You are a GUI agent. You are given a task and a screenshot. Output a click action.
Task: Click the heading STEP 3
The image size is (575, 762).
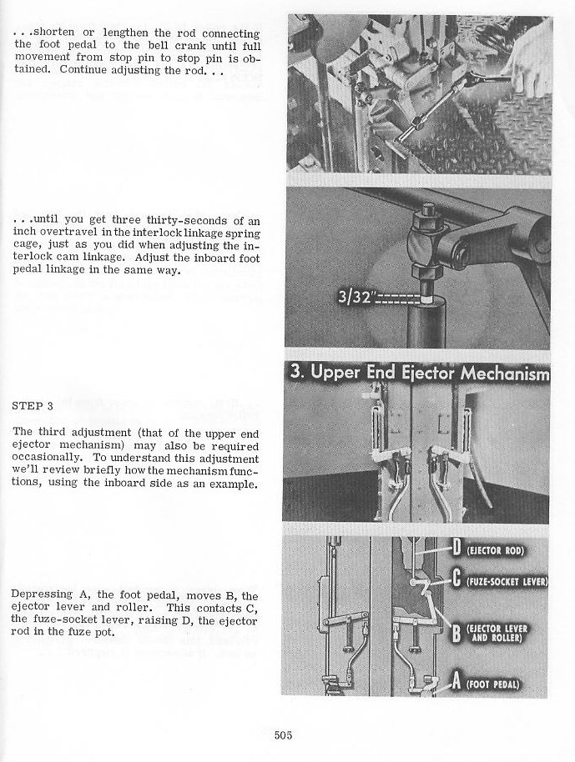point(33,406)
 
